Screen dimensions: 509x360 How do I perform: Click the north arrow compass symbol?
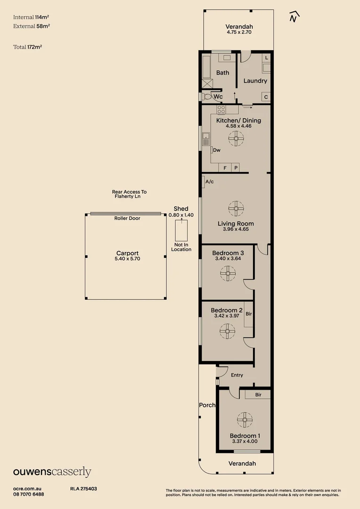[295, 17]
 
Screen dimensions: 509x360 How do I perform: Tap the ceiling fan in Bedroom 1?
[245, 419]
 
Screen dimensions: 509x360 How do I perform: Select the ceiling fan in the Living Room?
[235, 208]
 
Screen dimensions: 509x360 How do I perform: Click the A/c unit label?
[209, 181]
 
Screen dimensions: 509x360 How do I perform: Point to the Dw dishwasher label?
[217, 150]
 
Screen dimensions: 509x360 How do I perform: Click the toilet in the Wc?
[207, 97]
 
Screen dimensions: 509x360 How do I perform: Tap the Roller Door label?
[127, 218]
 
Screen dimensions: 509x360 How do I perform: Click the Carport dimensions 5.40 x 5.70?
[127, 259]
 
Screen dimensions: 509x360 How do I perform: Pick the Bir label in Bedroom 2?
[249, 313]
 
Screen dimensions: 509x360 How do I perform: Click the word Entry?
[237, 375]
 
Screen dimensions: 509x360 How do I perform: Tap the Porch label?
[207, 405]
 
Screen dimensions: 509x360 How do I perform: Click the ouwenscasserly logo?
[52, 472]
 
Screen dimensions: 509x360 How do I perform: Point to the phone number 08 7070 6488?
[29, 494]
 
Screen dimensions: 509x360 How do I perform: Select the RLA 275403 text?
[83, 489]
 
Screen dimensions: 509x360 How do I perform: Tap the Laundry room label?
[255, 81]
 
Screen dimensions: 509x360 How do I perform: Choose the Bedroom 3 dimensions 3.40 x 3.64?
[228, 259]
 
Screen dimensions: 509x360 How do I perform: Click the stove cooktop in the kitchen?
[221, 109]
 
